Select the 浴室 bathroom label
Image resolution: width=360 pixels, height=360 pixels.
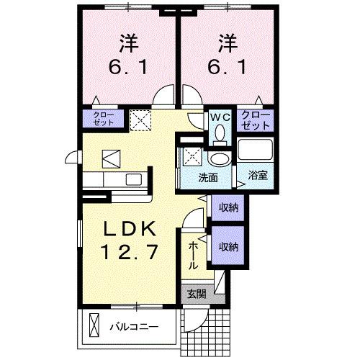click(x=257, y=175)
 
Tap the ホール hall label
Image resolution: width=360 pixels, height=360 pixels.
click(x=193, y=256)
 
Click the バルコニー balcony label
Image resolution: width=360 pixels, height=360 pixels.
click(x=133, y=328)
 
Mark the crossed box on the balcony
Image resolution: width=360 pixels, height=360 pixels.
click(x=93, y=325)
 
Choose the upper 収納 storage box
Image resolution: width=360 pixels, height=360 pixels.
click(x=228, y=207)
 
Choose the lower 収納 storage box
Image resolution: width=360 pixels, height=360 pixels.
click(x=228, y=247)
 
